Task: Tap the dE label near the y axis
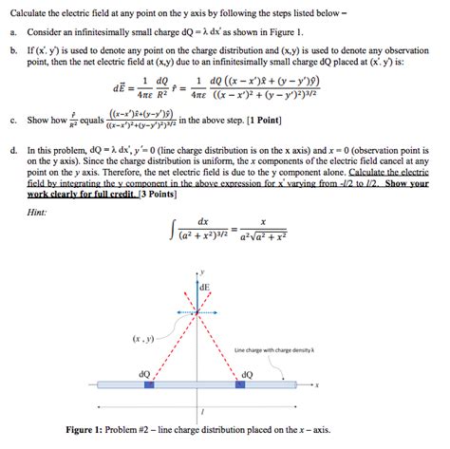204,286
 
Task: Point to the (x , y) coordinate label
144,337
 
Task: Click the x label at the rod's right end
317,386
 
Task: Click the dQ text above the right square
247,374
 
